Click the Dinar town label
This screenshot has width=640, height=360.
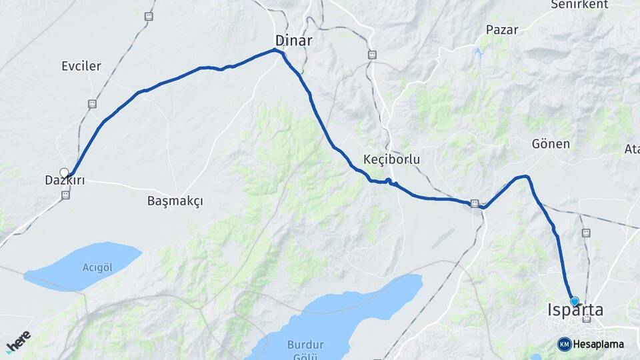coord(293,40)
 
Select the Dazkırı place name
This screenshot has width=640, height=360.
coord(65,181)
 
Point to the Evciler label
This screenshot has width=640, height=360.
coord(81,66)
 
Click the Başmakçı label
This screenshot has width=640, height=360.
coord(175,200)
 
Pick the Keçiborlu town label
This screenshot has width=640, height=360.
coord(391,159)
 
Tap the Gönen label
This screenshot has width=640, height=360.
coord(551,144)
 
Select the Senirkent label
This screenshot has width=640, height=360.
coord(579,5)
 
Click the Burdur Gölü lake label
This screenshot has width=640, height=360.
coord(305,349)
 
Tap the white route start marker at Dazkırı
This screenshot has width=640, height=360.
coord(64,173)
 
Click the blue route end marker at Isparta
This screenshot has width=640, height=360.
coord(574,301)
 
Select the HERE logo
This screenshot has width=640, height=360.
coord(18,341)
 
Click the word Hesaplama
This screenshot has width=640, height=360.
coord(599,344)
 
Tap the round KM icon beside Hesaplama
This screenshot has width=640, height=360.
coord(564,344)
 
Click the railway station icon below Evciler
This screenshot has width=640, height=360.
coord(91,104)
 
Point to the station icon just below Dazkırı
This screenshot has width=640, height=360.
coord(65,195)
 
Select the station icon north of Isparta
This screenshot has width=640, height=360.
coord(586,233)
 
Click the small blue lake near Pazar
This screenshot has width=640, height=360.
coord(478,53)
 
